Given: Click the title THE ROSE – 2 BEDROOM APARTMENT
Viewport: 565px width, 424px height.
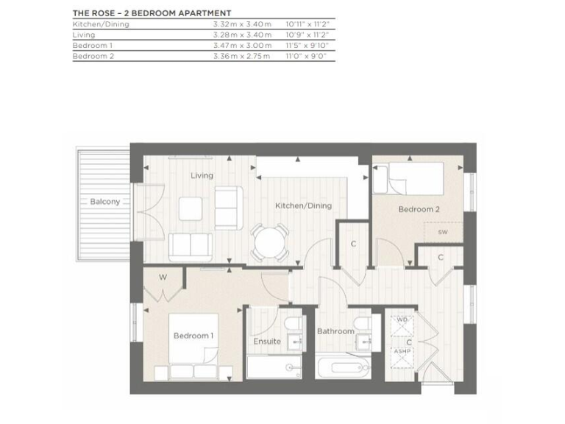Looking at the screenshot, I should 152,13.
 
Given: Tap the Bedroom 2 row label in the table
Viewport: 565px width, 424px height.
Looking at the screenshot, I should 93,56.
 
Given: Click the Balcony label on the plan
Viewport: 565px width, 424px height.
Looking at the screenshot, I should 105,202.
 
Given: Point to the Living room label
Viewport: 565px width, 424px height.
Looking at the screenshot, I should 202,176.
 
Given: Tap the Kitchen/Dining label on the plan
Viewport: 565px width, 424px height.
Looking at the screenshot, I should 303,206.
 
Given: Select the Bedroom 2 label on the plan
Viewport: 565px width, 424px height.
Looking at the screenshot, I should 419,209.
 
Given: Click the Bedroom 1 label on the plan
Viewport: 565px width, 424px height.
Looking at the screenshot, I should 193,336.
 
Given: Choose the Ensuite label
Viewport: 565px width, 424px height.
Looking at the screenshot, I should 267,342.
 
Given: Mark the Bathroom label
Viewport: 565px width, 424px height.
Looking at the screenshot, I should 335,331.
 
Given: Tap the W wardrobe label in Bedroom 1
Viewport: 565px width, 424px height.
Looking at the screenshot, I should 163,278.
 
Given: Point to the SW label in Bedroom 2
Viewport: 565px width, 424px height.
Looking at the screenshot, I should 442,233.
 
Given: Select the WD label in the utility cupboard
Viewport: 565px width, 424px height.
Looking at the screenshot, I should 402,321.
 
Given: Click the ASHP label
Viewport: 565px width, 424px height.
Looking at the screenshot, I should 402,352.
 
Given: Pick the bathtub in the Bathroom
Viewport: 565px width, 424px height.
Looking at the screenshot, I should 342,367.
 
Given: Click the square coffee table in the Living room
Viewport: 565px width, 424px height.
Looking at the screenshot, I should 191,208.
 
